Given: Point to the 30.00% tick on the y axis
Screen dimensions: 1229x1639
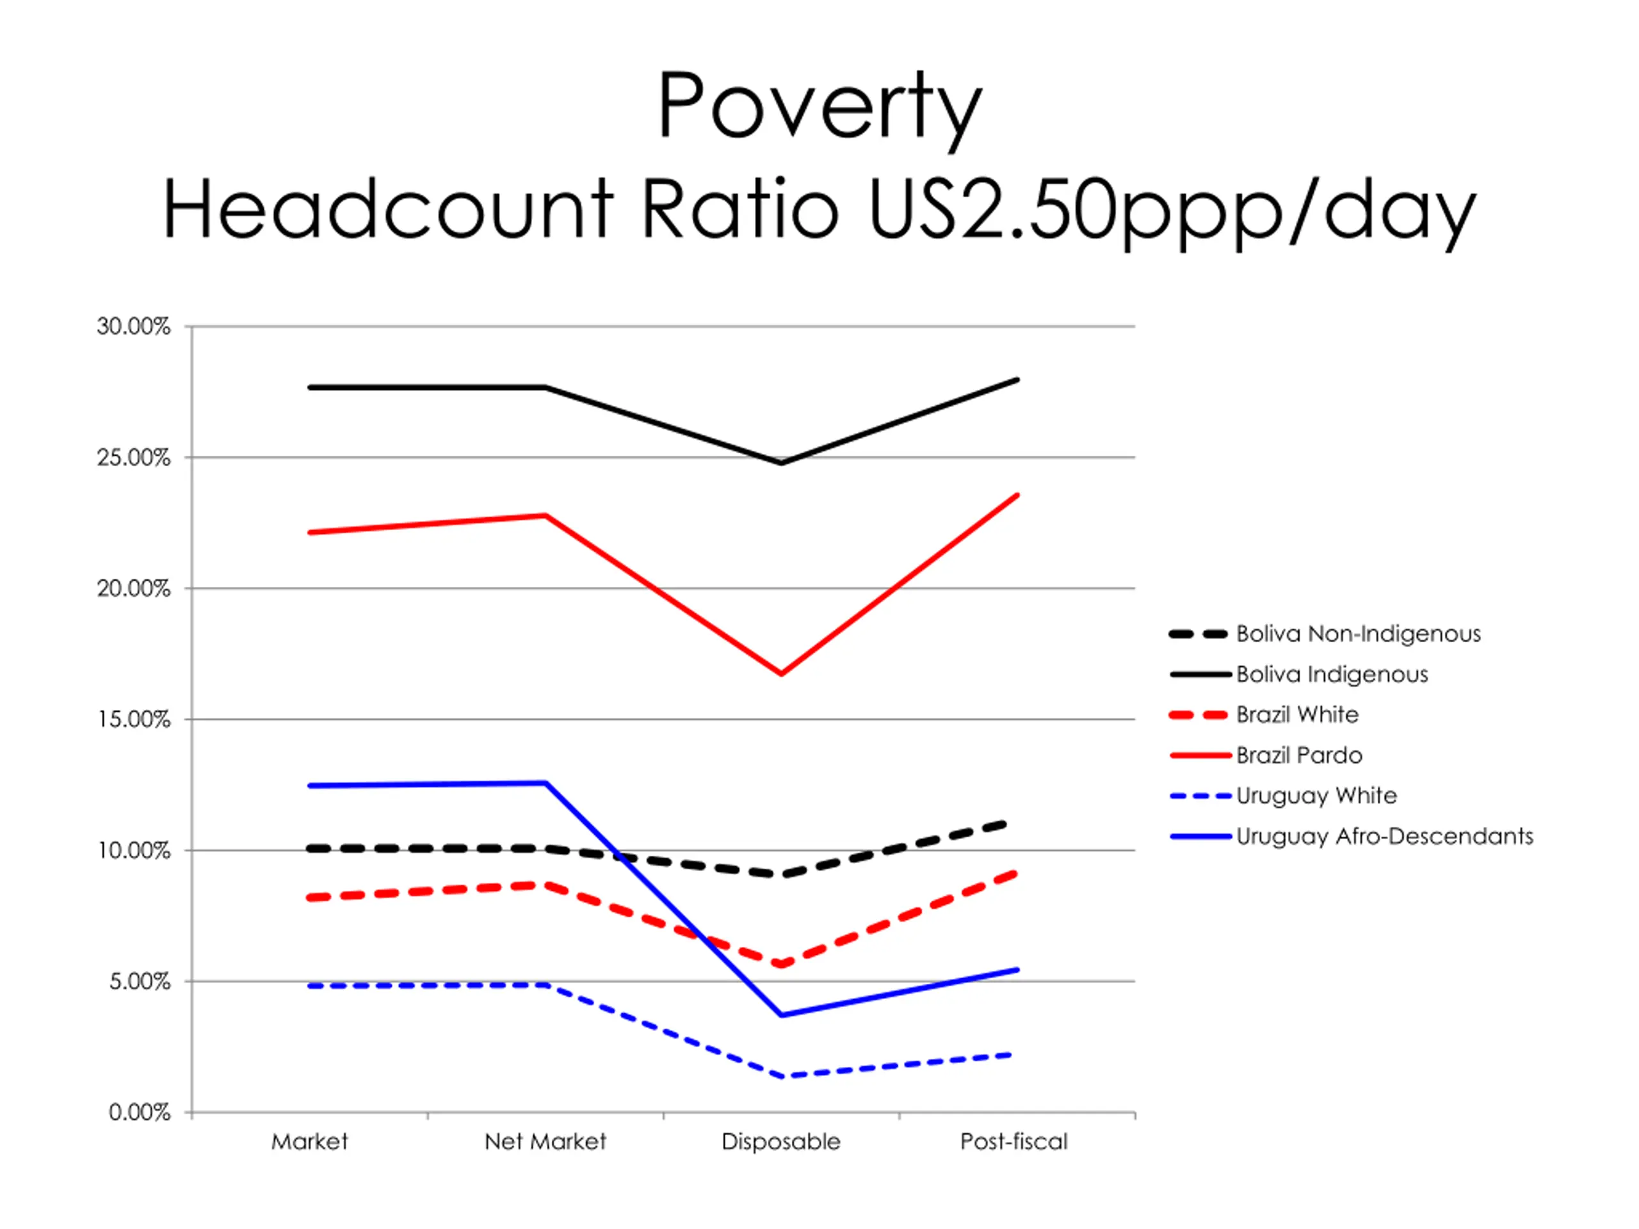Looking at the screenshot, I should point(133,326).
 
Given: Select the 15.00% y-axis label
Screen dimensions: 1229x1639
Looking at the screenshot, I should point(133,719).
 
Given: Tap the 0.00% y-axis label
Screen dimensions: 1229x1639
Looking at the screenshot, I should point(140,1112).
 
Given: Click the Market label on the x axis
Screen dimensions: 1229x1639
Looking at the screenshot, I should point(309,1141).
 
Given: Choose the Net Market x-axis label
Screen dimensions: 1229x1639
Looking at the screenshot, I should point(545,1141).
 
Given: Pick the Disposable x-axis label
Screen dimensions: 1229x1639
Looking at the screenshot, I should point(781,1141).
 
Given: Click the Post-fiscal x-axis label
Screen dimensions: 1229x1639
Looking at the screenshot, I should point(1013,1141).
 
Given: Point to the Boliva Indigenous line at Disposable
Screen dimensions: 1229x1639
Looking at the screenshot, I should point(781,463).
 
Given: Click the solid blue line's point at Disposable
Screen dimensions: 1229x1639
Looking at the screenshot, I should point(781,1015).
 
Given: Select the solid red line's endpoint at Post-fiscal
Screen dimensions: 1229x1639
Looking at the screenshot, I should point(1017,494).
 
